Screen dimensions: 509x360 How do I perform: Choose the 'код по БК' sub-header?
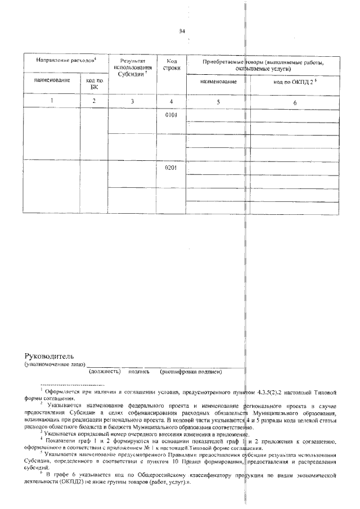click(94, 84)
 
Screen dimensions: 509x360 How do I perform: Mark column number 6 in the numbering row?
click(295, 102)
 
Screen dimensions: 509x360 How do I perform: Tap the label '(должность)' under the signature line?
click(105, 371)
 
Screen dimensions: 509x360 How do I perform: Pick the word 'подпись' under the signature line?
click(138, 371)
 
